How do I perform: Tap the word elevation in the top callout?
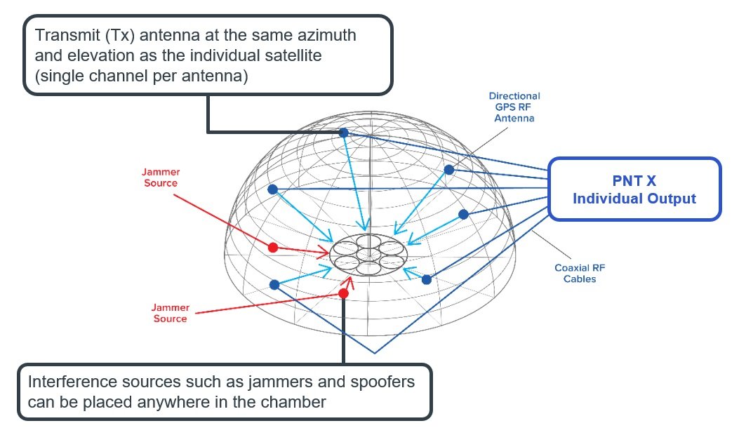coord(95,55)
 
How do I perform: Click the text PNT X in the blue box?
coord(634,181)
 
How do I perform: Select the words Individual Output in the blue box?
coord(634,199)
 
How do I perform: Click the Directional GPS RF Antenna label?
coord(515,107)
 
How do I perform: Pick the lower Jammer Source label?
coord(170,313)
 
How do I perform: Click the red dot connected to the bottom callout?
coord(343,293)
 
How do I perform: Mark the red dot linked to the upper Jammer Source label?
coord(274,248)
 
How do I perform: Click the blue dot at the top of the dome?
coord(343,133)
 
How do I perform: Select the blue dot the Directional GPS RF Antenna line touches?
coord(448,170)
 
